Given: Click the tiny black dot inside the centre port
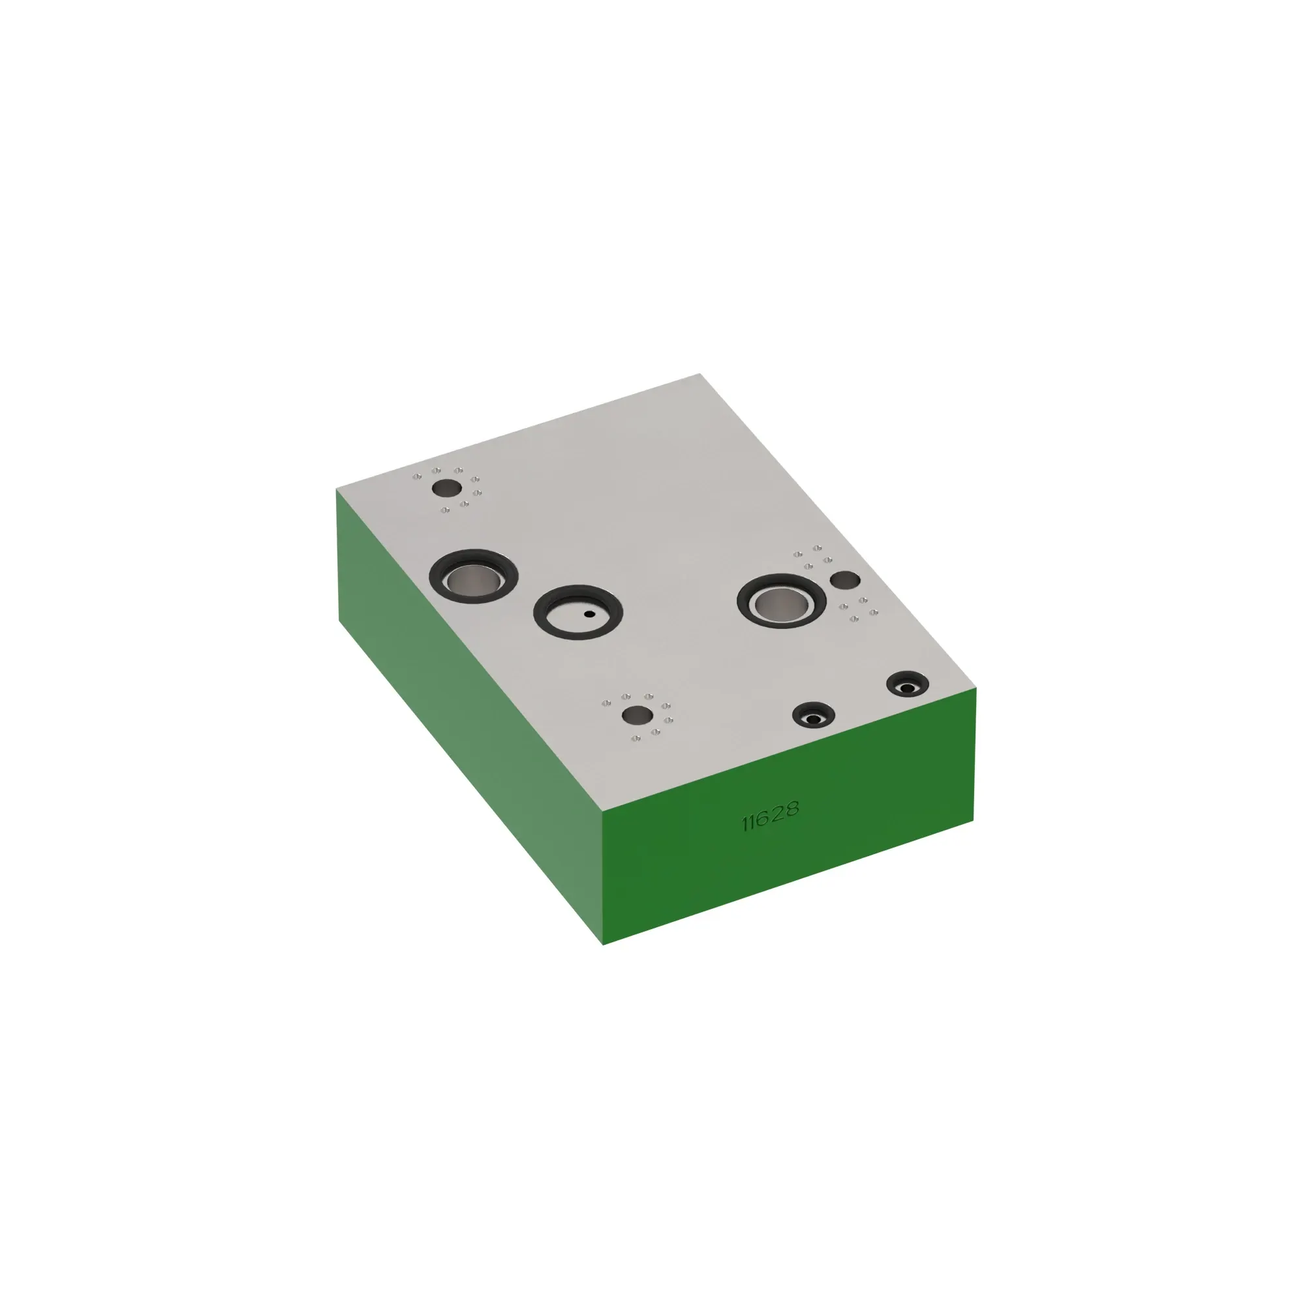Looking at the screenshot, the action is [590, 614].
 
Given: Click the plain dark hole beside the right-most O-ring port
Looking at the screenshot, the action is [844, 579].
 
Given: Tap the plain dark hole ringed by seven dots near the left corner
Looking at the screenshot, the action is [446, 487].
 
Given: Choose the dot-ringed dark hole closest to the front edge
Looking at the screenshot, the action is [637, 714].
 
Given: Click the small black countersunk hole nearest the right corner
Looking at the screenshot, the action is [907, 685].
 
